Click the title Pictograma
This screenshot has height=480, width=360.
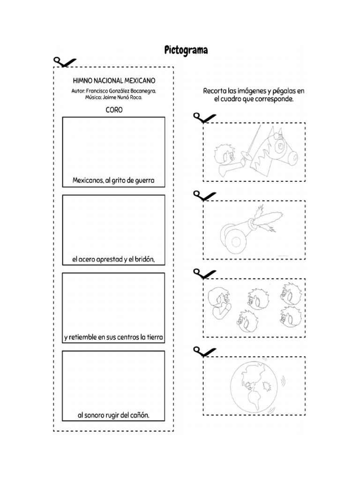click(186, 50)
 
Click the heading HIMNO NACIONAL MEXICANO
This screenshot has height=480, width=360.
click(114, 81)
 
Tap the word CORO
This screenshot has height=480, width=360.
click(114, 110)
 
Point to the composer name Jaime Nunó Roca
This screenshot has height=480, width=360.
click(124, 97)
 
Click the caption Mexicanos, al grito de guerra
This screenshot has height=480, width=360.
click(113, 180)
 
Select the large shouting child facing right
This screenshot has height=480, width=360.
click(218, 302)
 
